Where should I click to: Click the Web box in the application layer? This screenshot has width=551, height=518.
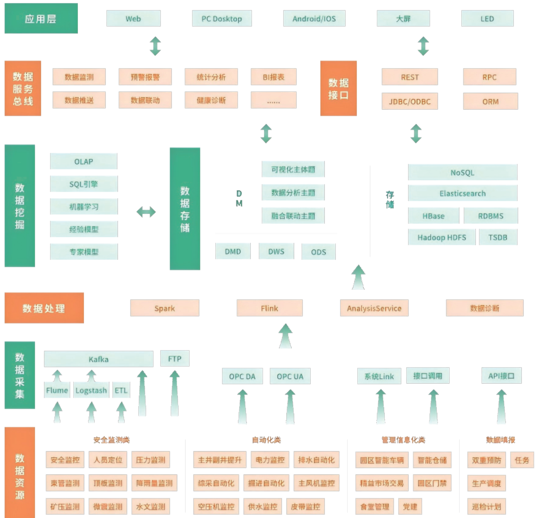point(134,18)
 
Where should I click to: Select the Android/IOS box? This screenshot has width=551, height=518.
point(314,18)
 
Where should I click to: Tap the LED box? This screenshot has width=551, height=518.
point(487,18)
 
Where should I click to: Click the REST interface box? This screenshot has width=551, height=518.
point(410,77)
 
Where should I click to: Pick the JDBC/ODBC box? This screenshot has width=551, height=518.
point(410,101)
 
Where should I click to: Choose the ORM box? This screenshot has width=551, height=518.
point(491,101)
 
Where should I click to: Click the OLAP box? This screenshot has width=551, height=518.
point(84,161)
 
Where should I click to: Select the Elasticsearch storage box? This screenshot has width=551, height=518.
point(462,193)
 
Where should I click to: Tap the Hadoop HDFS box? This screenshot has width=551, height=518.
point(441,237)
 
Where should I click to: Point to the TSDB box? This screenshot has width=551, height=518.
point(498,237)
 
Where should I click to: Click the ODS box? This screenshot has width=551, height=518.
point(319,252)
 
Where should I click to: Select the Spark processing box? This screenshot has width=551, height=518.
point(164,308)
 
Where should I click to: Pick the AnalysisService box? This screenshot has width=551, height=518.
point(374,308)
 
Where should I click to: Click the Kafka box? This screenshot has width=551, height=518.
point(98,359)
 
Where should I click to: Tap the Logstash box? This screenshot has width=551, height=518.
point(91,390)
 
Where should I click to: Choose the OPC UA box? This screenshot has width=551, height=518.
point(290,376)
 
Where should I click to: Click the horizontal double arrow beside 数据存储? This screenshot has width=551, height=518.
point(146,212)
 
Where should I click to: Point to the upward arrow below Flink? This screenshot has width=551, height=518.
point(285,336)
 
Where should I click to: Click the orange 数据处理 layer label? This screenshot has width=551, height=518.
point(44,308)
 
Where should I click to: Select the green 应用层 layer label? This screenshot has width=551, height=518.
point(41,18)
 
